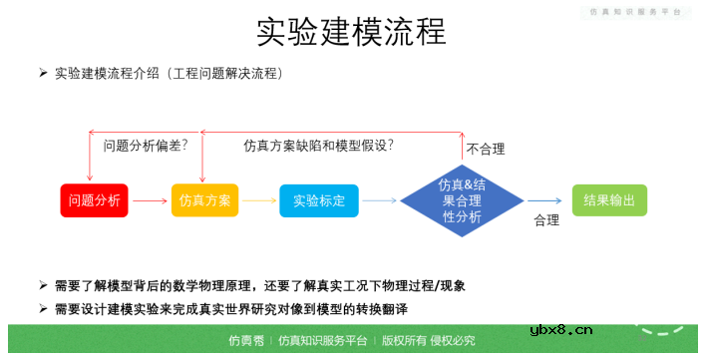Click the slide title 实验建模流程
pyautogui.click(x=351, y=32)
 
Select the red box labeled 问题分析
pyautogui.click(x=95, y=200)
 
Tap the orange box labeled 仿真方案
pyautogui.click(x=204, y=200)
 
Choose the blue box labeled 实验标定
pyautogui.click(x=318, y=200)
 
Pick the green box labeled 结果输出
pyautogui.click(x=608, y=200)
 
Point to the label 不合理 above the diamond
pyautogui.click(x=486, y=150)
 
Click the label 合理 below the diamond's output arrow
pyautogui.click(x=546, y=219)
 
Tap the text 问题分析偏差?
pyautogui.click(x=146, y=146)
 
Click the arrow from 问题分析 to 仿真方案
pyautogui.click(x=150, y=201)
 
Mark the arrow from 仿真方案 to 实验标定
pyautogui.click(x=259, y=201)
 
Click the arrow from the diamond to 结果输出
pyautogui.click(x=544, y=201)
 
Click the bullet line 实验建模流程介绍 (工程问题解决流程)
pyautogui.click(x=170, y=73)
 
